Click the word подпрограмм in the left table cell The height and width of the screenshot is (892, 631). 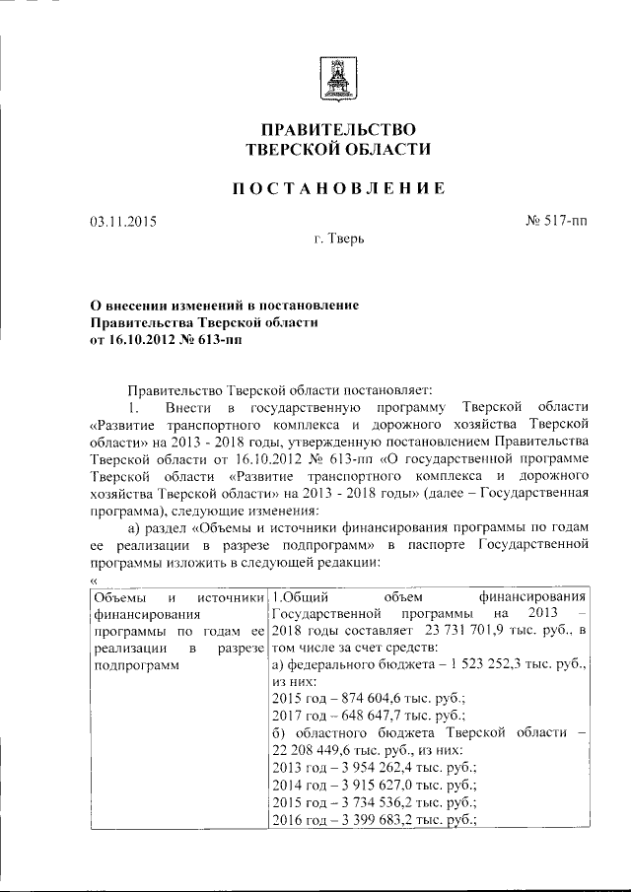pos(133,665)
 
